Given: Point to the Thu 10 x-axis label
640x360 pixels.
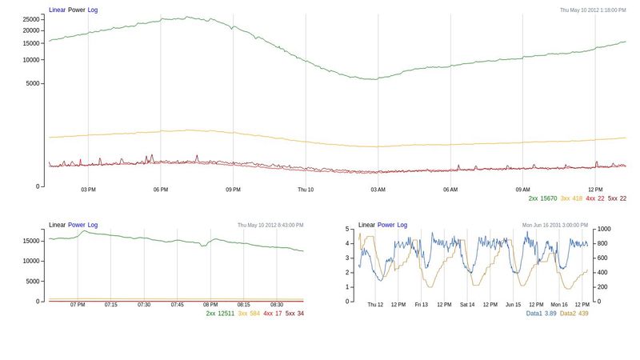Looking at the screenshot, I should coord(306,190).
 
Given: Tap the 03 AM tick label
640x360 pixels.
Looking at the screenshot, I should coord(378,190).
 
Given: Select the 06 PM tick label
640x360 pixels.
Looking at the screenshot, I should coord(161,190).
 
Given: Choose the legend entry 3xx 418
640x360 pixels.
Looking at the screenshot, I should coord(571,198).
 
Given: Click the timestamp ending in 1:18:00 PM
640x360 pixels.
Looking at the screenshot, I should coord(592,10).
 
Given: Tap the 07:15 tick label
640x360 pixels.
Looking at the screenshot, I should coord(110,305).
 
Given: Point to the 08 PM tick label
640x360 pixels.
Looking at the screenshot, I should coord(210,305).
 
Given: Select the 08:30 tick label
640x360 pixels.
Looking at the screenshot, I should coord(277,305).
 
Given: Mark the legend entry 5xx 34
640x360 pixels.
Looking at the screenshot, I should coord(294,314).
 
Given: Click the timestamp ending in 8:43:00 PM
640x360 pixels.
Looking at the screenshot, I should coord(270,226).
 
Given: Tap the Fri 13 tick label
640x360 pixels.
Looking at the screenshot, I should coord(421,305).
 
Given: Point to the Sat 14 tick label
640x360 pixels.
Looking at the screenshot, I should coord(467,305).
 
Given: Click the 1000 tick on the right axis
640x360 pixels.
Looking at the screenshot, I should coord(604,229).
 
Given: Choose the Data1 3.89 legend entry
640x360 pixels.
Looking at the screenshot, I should coord(541,314).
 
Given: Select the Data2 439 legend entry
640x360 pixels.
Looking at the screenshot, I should coord(574,314).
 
